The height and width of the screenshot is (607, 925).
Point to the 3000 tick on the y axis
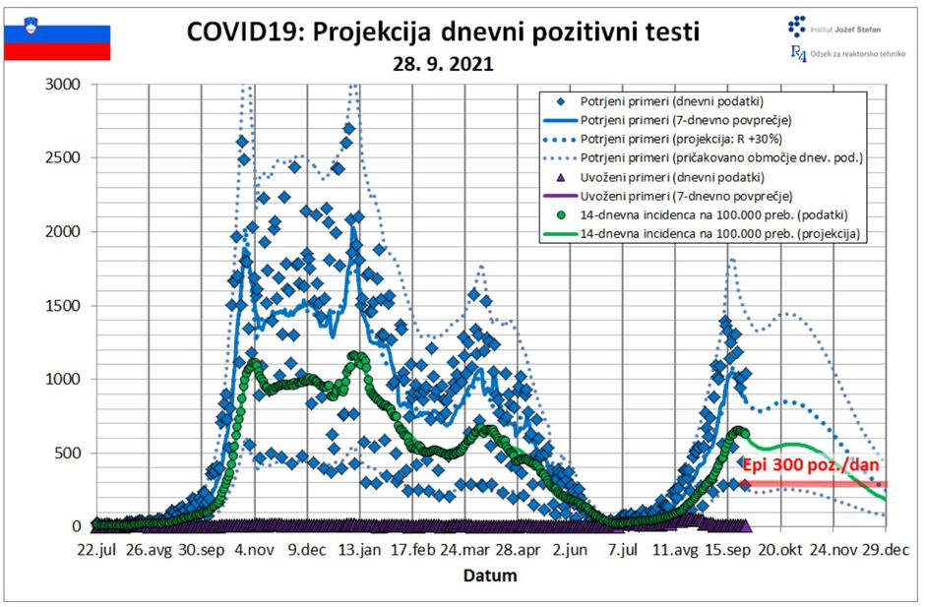click(65, 85)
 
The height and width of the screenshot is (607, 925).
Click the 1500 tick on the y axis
click(65, 306)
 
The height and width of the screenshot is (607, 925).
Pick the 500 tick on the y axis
click(69, 454)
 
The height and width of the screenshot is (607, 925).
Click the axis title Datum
click(490, 575)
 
